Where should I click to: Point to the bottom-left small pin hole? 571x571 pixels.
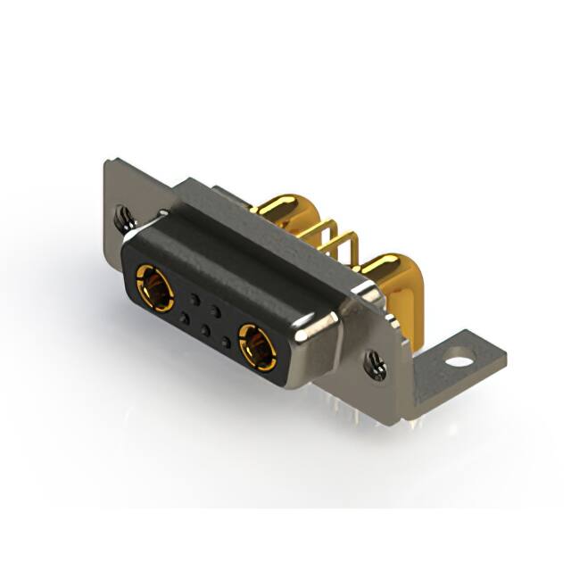coord(184,316)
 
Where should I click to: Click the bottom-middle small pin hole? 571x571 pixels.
coord(204,329)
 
